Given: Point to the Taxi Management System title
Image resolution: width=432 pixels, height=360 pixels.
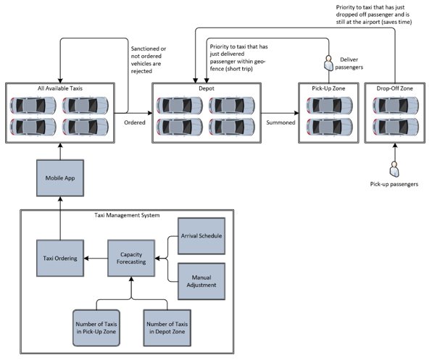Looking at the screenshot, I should pos(128,215).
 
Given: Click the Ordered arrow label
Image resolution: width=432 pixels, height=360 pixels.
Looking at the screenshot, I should pos(134,122).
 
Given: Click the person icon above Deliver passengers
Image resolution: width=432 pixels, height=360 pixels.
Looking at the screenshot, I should pos(328,62).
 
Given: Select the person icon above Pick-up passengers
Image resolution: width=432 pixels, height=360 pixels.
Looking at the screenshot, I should pos(394,169).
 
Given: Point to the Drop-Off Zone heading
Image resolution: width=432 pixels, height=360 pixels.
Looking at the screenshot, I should pos(394,88).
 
